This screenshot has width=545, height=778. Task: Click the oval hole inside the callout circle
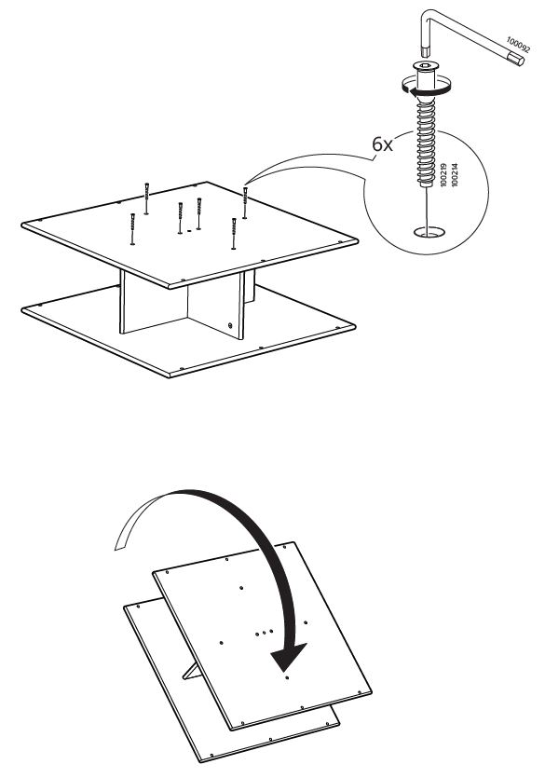[428, 230]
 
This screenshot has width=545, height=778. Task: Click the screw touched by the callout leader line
[245, 201]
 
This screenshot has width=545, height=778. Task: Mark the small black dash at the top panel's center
[189, 228]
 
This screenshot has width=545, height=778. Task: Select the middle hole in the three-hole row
[265, 633]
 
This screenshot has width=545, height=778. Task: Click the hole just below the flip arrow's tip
[287, 678]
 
